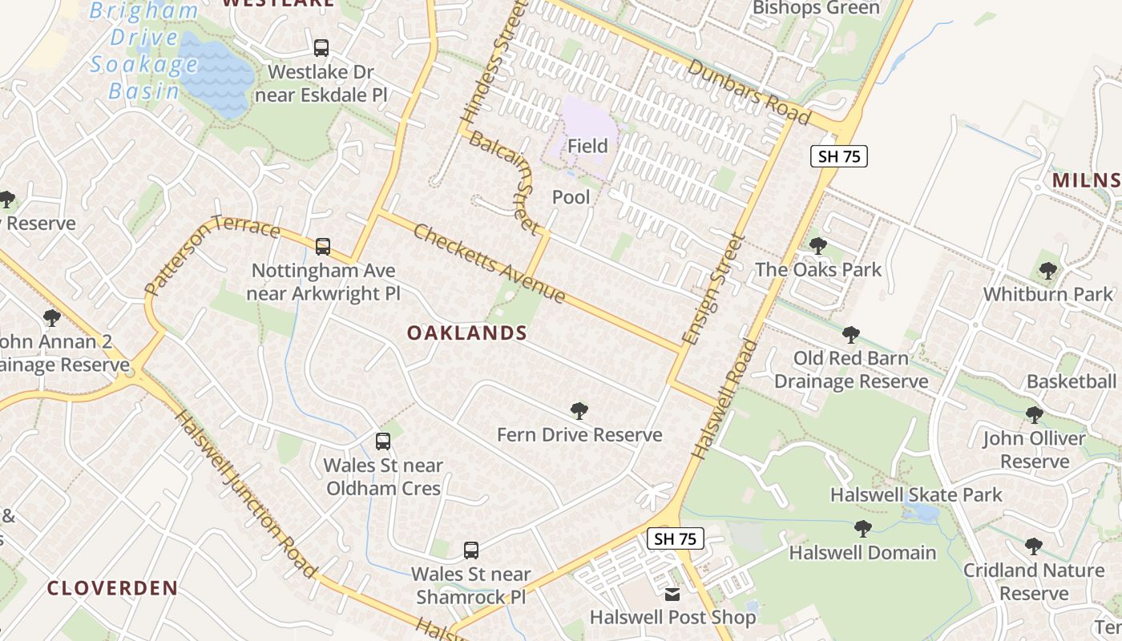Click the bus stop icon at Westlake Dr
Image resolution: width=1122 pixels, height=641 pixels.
321,48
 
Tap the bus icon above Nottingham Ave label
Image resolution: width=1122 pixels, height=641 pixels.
323,246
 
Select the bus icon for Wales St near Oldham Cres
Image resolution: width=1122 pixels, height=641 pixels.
383,441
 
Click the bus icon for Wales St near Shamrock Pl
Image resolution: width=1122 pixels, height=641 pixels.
471,550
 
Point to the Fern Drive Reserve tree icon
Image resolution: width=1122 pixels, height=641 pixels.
579,411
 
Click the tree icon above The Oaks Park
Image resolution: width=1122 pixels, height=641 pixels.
818,245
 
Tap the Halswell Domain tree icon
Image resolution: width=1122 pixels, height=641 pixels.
862,528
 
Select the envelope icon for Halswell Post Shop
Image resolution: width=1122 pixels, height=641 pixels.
672,594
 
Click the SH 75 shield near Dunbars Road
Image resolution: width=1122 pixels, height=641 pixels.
839,156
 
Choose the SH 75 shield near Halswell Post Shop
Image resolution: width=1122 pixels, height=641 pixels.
675,538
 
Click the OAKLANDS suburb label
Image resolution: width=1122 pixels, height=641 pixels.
466,333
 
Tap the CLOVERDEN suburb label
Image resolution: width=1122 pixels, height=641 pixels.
112,588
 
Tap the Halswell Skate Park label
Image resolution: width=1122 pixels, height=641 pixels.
916,495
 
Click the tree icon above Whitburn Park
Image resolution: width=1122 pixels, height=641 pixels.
1047,270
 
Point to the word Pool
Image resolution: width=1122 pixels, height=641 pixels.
571,197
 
